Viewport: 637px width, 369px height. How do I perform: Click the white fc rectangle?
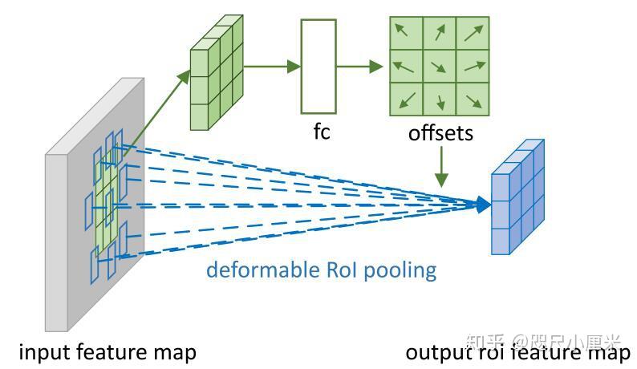coord(318,67)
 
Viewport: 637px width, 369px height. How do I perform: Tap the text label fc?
coord(322,132)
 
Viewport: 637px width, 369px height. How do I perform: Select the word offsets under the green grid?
coord(440,132)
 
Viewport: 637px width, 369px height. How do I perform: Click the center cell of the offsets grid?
coord(440,67)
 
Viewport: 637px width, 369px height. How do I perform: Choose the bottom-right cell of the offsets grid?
coord(473,99)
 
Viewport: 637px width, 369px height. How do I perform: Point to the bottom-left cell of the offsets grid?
coord(406,99)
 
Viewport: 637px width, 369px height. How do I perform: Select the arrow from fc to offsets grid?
coord(359,67)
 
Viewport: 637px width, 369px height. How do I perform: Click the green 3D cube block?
coord(214,75)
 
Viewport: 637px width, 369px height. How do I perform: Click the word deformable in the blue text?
coord(252,269)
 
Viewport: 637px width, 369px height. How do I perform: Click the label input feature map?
coord(108,351)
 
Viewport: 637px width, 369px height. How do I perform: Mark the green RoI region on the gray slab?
coord(106,201)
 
